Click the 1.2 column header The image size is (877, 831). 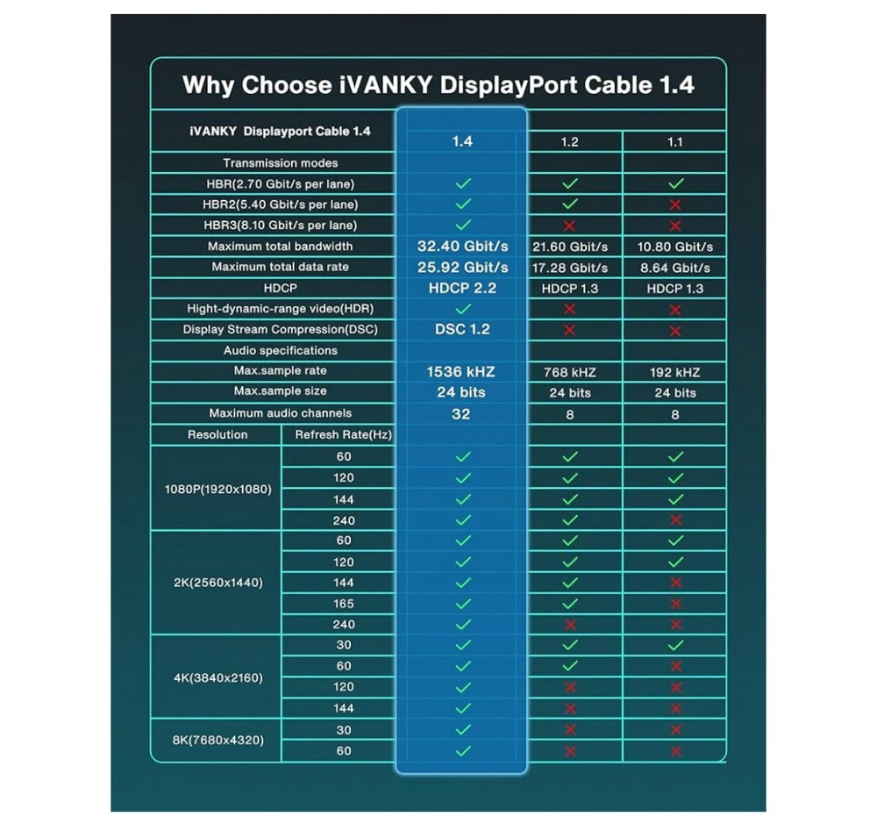coord(569,142)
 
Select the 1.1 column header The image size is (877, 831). coord(674,142)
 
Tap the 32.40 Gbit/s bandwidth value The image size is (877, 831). coord(462,246)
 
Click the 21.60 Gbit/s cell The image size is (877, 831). coord(569,247)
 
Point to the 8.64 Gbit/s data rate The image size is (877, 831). coord(674,268)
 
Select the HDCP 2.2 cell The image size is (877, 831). coord(462,288)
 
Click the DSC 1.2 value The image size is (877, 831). coord(462,329)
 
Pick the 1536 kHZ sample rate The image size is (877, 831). coord(462,371)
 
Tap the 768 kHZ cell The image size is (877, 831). coord(569,372)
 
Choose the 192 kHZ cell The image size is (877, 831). coord(674,372)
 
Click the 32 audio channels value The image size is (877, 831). coord(461,413)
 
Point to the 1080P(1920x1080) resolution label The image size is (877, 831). coord(218,489)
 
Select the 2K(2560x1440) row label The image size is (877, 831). coord(218,583)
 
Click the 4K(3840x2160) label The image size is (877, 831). coord(218,677)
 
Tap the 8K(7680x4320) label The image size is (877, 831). coord(218,741)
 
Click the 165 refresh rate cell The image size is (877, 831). coord(344,604)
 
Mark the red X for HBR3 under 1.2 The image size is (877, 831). coord(569,226)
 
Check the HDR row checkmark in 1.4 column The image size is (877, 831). coord(463,309)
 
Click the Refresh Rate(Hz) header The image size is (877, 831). coord(343,435)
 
